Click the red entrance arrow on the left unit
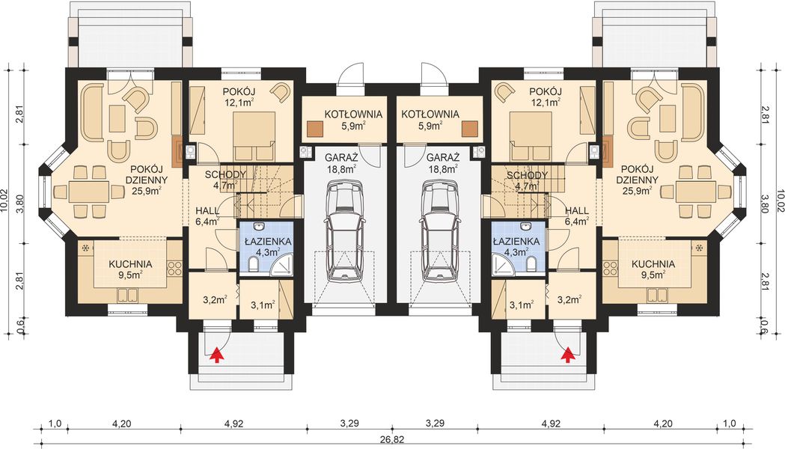216,355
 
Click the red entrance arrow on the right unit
566,355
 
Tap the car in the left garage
345,230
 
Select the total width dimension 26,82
392,441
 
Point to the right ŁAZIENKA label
516,241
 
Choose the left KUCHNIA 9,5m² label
130,269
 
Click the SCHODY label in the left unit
225,174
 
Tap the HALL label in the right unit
577,211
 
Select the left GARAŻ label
341,156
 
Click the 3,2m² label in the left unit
215,300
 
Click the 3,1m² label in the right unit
521,304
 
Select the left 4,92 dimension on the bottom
233,424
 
